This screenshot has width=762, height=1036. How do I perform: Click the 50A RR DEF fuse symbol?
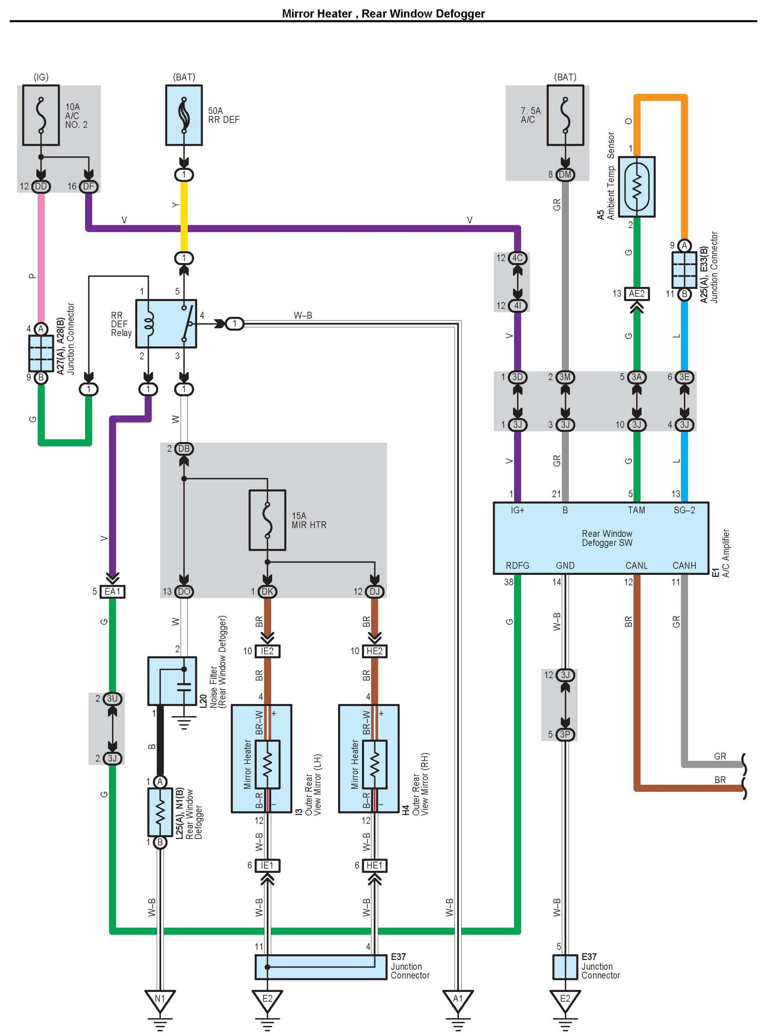click(184, 115)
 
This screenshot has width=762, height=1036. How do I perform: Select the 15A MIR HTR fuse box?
click(267, 520)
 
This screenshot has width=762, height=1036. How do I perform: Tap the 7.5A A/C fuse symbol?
click(565, 115)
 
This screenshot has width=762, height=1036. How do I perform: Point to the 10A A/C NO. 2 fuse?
click(41, 115)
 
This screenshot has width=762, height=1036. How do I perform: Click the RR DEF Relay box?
click(166, 324)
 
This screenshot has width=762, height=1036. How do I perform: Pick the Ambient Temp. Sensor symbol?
click(636, 186)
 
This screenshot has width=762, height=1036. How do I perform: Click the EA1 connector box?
click(113, 592)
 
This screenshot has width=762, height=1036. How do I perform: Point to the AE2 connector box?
click(636, 294)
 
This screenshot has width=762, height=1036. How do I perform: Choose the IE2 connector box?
click(267, 651)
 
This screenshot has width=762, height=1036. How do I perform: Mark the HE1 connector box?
click(374, 866)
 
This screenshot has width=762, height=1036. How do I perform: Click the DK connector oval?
click(267, 592)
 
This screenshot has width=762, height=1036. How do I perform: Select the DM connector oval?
click(565, 175)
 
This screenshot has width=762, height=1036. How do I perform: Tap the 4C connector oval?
click(517, 258)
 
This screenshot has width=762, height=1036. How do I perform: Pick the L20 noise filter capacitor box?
click(172, 681)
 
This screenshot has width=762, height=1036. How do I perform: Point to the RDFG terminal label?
click(517, 566)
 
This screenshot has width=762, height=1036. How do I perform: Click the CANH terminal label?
click(684, 566)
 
